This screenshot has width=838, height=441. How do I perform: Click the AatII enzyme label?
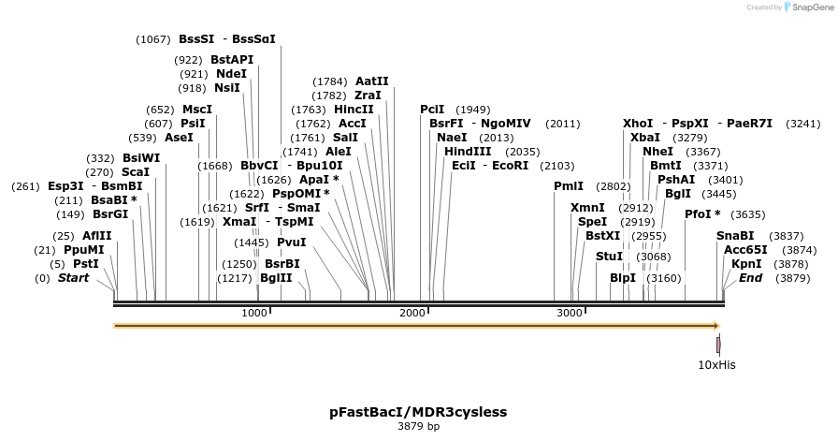click(x=371, y=81)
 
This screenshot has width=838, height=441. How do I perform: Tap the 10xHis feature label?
click(x=716, y=364)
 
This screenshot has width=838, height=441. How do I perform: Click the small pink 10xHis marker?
click(x=718, y=345)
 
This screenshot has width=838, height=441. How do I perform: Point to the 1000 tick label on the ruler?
click(x=254, y=313)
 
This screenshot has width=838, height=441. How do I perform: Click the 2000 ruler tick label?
click(x=412, y=313)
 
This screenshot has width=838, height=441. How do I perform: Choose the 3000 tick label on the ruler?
click(x=570, y=313)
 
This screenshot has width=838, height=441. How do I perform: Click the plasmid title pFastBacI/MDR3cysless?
click(x=418, y=411)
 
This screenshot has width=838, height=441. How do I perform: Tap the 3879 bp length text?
click(x=418, y=427)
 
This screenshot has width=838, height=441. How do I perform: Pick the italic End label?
click(x=750, y=278)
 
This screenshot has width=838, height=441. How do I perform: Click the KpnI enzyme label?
click(x=746, y=264)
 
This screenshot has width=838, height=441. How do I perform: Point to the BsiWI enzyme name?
click(x=141, y=158)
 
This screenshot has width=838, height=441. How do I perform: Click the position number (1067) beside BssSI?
click(x=153, y=39)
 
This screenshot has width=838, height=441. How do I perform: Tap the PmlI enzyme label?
click(x=568, y=186)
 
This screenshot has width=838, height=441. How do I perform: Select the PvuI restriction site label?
click(x=291, y=243)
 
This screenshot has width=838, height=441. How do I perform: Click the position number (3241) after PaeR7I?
click(x=802, y=124)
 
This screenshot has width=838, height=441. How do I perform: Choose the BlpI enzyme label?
click(x=622, y=278)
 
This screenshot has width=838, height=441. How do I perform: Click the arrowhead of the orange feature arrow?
click(x=715, y=326)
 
